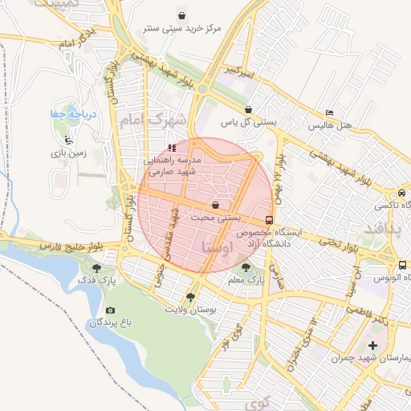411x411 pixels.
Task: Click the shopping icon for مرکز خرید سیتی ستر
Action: tap(181, 15)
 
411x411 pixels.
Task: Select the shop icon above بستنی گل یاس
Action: tap(248, 109)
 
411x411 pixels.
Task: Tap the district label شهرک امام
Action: tap(152, 121)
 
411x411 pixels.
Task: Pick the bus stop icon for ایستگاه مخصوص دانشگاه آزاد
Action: tap(268, 219)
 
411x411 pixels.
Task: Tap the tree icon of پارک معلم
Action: tap(246, 268)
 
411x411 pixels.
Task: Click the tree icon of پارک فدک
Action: tap(97, 269)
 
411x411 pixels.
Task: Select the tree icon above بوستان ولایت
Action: tap(190, 297)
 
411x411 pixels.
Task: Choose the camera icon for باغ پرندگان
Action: tap(110, 310)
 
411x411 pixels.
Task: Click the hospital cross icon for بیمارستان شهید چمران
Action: tap(372, 344)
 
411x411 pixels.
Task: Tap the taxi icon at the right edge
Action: tap(401, 193)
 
